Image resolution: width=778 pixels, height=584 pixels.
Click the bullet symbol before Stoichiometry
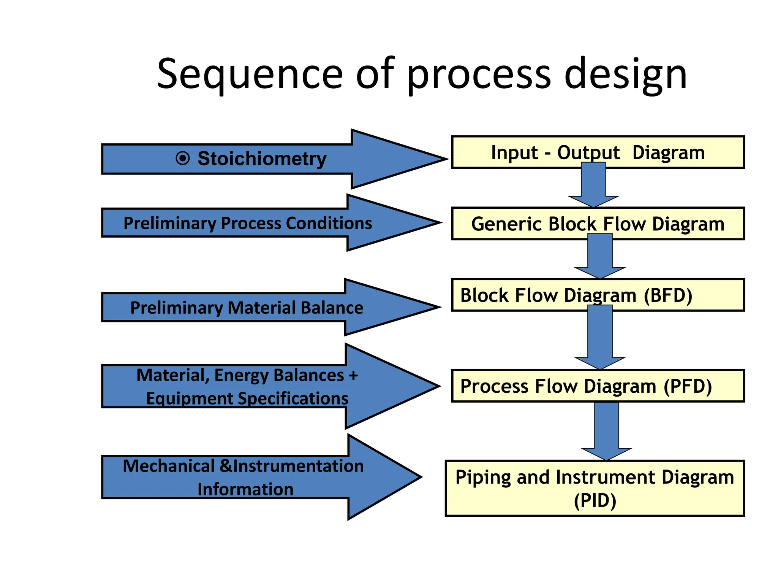point(183,158)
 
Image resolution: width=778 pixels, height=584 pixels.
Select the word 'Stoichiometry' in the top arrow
point(262,159)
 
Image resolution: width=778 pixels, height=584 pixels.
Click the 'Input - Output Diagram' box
point(598,152)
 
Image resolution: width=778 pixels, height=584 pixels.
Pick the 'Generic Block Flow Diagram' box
point(598,224)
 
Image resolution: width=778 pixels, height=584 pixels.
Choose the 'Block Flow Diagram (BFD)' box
point(598,295)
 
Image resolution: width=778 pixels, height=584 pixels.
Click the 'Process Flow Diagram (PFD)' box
point(598,386)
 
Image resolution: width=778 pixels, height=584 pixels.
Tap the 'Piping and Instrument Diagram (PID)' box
point(595,488)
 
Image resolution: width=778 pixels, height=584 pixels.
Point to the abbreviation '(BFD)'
point(668,296)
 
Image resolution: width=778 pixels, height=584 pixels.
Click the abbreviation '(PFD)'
point(688,387)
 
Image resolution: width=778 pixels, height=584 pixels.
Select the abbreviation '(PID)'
point(595,501)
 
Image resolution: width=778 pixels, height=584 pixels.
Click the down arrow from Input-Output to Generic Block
point(593,185)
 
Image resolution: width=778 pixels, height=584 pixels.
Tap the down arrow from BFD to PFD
point(600,337)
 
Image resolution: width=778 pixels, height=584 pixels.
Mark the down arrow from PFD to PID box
point(606,431)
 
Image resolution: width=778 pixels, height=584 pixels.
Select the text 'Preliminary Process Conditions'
point(248,223)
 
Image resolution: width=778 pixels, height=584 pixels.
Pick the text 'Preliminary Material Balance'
point(247,308)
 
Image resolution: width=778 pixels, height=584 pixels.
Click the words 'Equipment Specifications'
point(247,398)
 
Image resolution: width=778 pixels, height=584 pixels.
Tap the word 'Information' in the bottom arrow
point(245,489)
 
